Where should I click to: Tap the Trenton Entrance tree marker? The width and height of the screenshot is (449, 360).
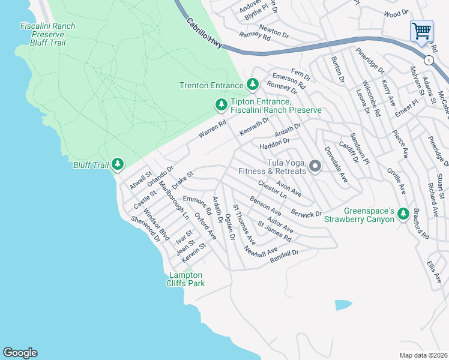tap(253, 85)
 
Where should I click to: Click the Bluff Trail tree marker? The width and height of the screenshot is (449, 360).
tap(118, 164)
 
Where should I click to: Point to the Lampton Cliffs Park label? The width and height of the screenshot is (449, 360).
tap(185, 279)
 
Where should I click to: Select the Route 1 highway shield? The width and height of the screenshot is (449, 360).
tap(427, 60)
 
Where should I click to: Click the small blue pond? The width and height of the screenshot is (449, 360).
tap(342, 305)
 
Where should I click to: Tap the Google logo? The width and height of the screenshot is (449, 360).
tap(20, 353)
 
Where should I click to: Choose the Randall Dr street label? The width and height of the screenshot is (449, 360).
tap(284, 256)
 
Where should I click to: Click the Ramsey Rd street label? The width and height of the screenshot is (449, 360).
tap(255, 36)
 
